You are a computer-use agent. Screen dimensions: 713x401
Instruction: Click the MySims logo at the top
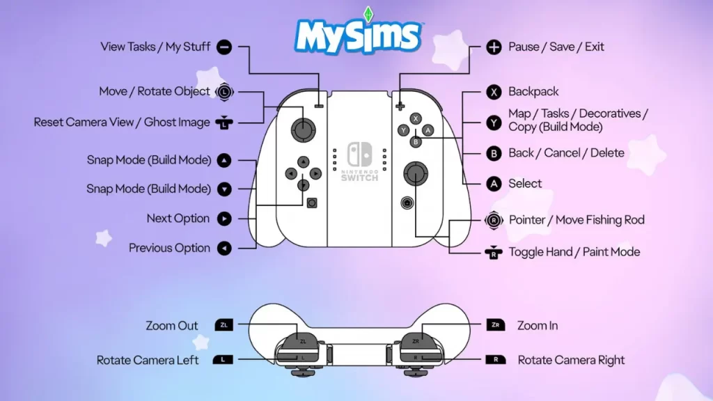[359, 32]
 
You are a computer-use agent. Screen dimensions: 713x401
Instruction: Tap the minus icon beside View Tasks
[224, 47]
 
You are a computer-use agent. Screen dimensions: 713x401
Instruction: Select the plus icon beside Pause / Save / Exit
[494, 47]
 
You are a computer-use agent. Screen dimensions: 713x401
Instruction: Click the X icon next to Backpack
[494, 92]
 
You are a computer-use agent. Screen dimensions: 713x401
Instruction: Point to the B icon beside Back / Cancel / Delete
[494, 153]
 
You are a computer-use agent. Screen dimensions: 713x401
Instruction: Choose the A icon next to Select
[494, 184]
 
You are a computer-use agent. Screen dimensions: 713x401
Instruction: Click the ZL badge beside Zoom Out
[224, 325]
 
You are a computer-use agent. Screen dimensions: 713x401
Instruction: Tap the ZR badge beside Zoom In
[496, 324]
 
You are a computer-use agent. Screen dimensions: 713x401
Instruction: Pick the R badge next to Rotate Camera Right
[496, 360]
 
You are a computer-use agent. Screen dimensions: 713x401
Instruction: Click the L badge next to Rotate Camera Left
[223, 360]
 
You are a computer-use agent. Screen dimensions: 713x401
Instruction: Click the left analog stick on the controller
[304, 129]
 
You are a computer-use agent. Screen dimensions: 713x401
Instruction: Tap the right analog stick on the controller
[416, 173]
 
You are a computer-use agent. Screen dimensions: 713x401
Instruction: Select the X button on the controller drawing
[416, 118]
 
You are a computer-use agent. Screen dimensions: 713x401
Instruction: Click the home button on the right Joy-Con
[407, 203]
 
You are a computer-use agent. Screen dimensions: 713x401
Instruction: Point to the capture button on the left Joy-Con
[312, 203]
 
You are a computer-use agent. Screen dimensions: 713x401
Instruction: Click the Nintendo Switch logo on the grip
[360, 162]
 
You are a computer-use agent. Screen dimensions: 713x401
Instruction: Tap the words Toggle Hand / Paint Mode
[574, 252]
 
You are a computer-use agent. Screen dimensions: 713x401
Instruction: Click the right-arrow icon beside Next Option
[224, 219]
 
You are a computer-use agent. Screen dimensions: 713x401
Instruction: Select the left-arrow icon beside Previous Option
[224, 249]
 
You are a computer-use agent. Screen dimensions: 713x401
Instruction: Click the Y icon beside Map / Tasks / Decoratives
[494, 123]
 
